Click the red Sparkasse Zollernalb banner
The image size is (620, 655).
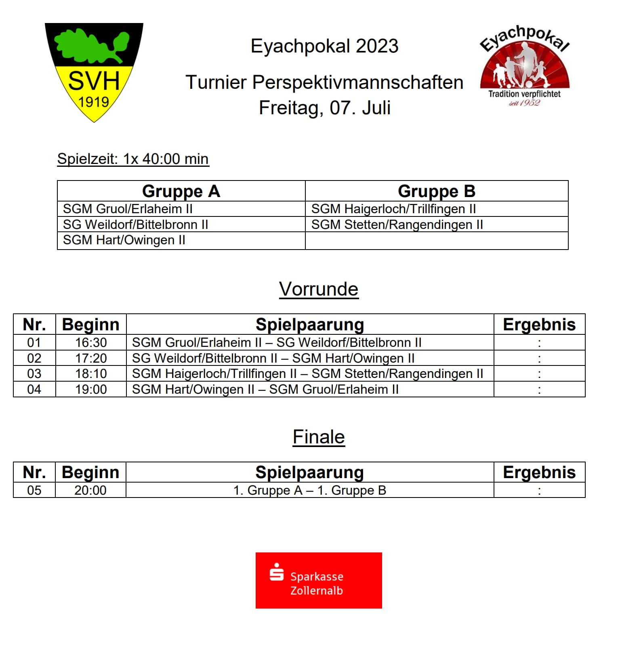pyautogui.click(x=319, y=580)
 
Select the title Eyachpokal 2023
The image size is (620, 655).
pyautogui.click(x=324, y=46)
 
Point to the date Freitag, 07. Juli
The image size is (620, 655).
pyautogui.click(x=324, y=108)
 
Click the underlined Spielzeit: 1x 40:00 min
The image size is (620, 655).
pyautogui.click(x=133, y=159)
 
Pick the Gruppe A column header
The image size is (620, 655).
pyautogui.click(x=181, y=191)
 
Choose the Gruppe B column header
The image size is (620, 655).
pyautogui.click(x=436, y=191)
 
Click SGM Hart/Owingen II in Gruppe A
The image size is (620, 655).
pyautogui.click(x=124, y=240)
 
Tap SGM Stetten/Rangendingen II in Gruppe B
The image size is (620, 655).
pyautogui.click(x=397, y=225)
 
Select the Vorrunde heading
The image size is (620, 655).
pyautogui.click(x=319, y=289)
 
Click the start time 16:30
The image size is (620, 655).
pyautogui.click(x=91, y=343)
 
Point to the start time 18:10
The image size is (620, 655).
pyautogui.click(x=91, y=374)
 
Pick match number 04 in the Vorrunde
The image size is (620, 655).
pyautogui.click(x=34, y=390)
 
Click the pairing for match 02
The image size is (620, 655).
pyautogui.click(x=273, y=359)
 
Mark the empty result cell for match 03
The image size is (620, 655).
pyautogui.click(x=539, y=374)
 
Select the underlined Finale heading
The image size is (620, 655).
pyautogui.click(x=319, y=437)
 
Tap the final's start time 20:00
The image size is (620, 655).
pyautogui.click(x=90, y=491)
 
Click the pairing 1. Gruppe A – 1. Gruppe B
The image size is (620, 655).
pyautogui.click(x=310, y=491)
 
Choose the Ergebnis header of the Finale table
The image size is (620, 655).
pyautogui.click(x=539, y=472)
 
